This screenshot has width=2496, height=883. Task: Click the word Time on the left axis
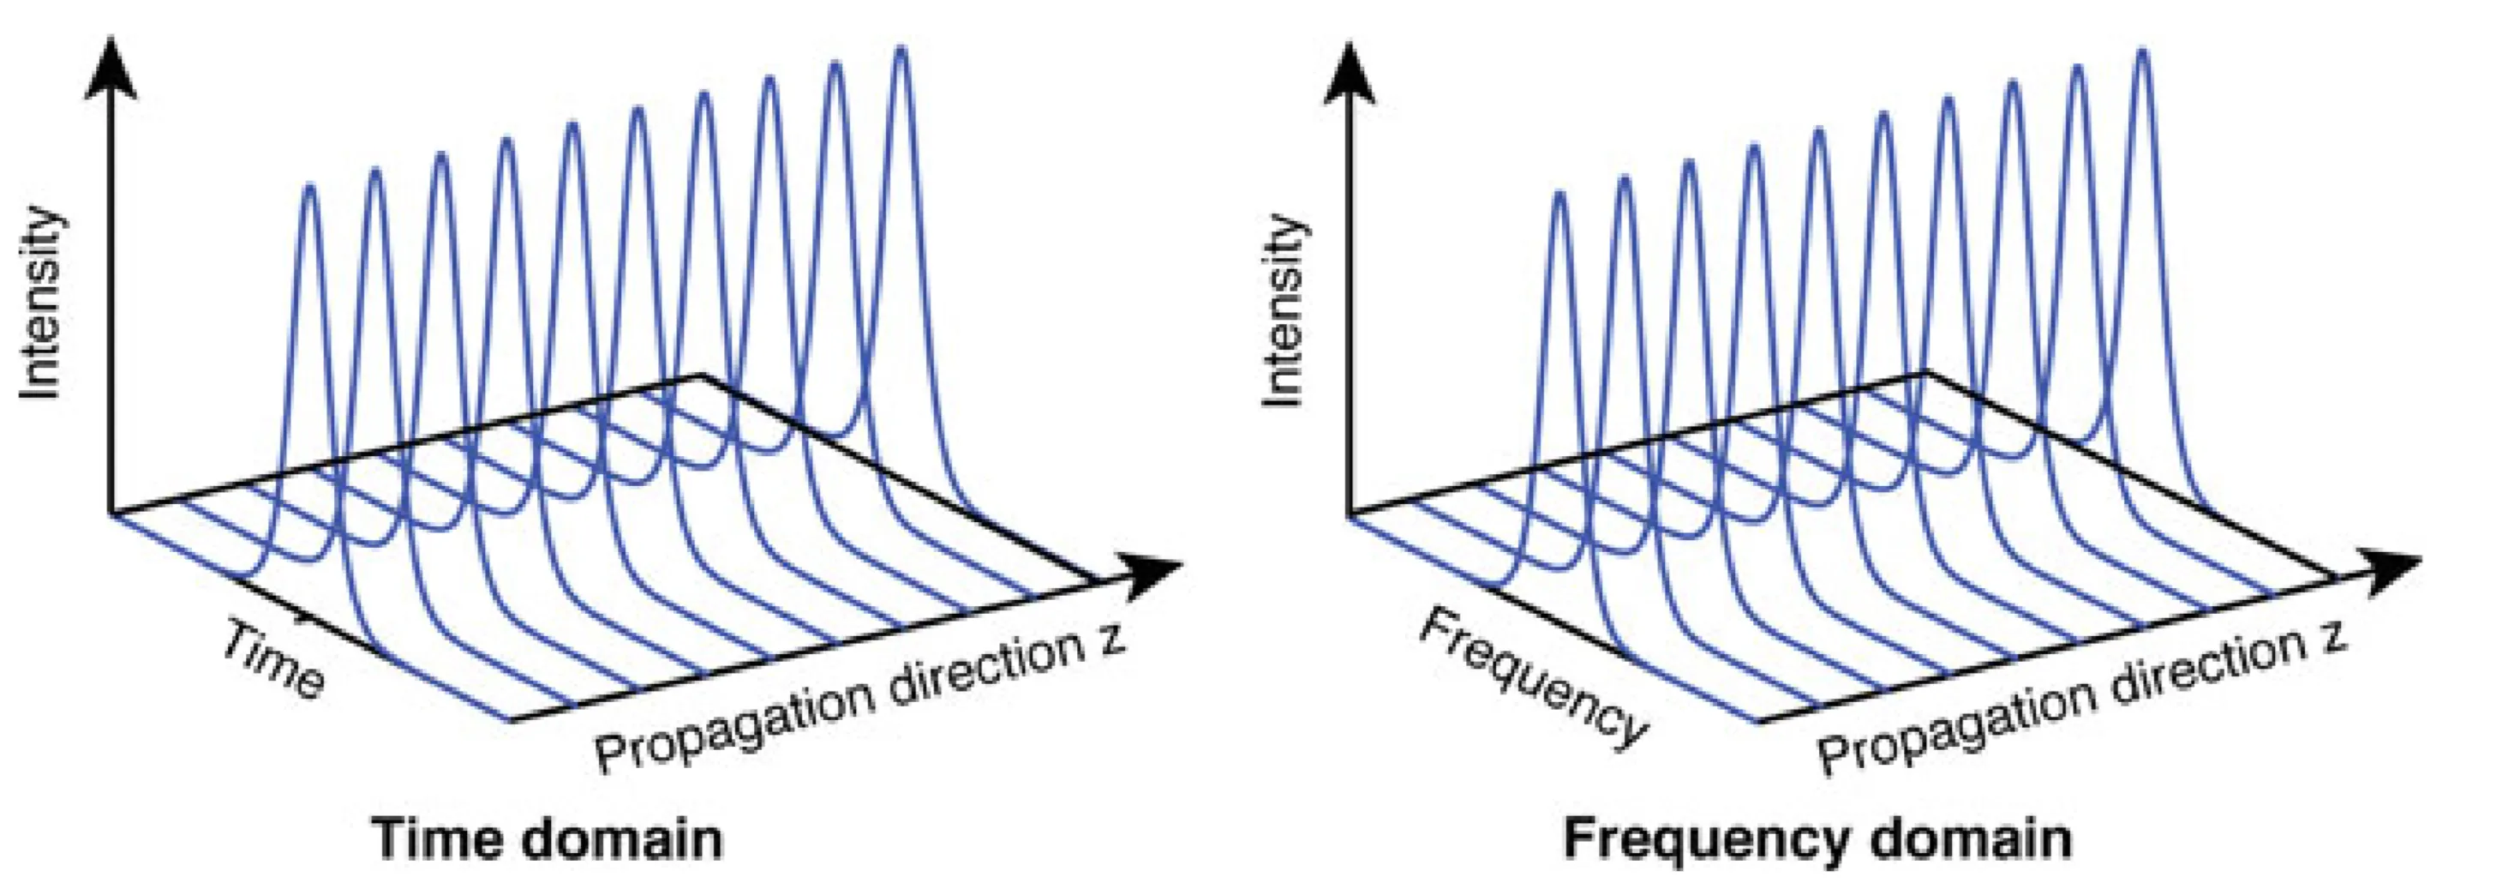click(x=274, y=661)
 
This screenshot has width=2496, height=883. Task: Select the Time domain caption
click(x=548, y=838)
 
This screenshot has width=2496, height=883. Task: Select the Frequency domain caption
click(x=1817, y=838)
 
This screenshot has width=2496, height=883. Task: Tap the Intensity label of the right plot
click(x=1284, y=310)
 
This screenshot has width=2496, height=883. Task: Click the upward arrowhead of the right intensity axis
click(x=1349, y=73)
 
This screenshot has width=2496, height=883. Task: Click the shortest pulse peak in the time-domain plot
click(x=310, y=187)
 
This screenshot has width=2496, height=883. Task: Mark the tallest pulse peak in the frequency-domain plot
click(x=2142, y=53)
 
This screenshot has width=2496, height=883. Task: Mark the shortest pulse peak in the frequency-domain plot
click(x=1559, y=195)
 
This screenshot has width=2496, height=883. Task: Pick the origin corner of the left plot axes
click(x=111, y=513)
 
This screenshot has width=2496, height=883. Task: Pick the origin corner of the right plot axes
click(x=1350, y=513)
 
